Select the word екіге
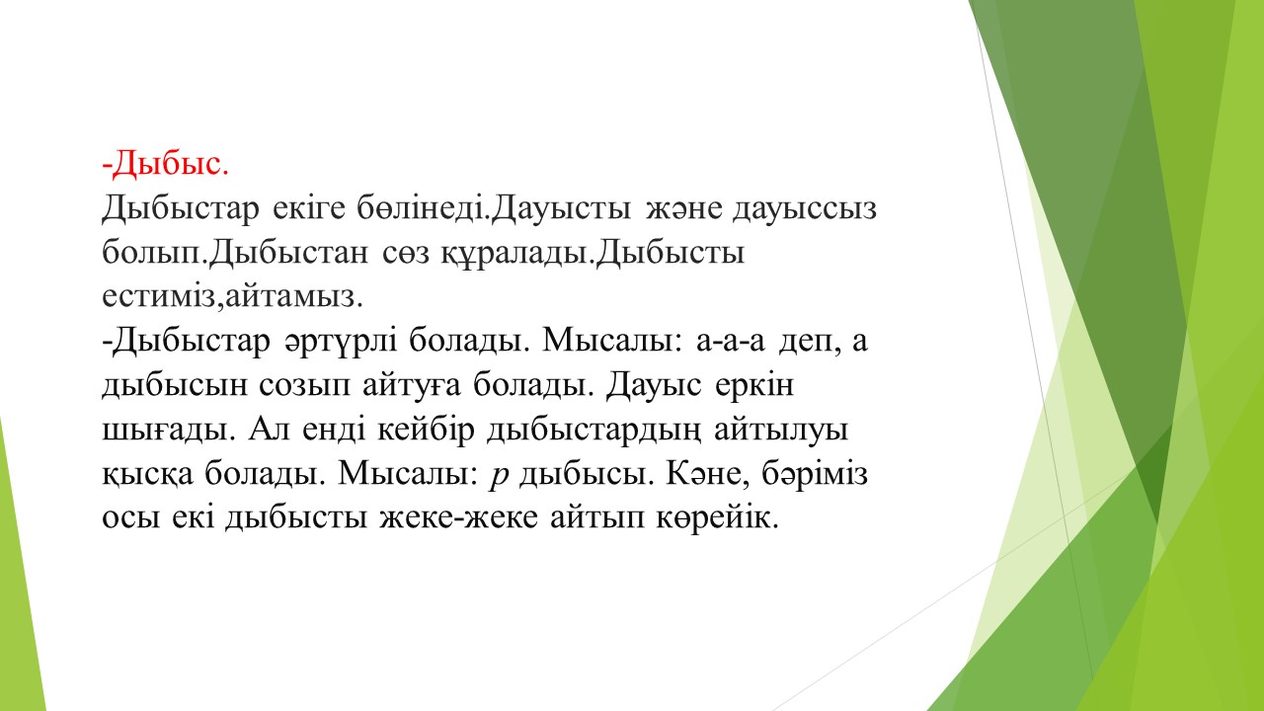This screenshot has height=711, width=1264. (309, 207)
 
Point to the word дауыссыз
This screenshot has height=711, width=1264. (805, 209)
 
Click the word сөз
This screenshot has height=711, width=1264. (406, 253)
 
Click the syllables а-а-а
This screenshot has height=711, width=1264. (731, 342)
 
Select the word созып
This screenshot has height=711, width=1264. (305, 386)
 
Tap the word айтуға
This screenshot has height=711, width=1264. (412, 385)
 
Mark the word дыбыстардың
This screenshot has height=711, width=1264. (594, 431)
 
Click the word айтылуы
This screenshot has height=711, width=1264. (781, 431)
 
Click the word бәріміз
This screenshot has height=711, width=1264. (815, 474)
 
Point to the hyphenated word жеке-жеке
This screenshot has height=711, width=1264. (459, 518)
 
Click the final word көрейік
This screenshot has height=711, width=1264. (717, 518)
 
